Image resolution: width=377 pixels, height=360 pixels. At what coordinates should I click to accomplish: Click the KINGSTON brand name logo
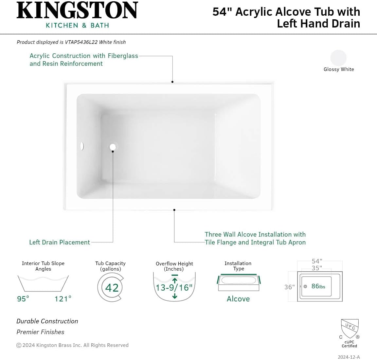coord(77,10)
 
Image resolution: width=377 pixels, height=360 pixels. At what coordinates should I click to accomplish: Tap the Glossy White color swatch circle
coord(338,58)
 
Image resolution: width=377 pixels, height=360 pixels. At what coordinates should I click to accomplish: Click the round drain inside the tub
coord(113,147)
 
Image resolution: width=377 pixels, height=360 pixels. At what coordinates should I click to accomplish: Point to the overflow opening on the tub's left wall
coord(82,146)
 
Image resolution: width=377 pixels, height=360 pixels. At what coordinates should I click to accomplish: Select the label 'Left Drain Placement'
coord(60,242)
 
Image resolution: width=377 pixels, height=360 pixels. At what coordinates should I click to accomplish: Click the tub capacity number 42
coord(112,287)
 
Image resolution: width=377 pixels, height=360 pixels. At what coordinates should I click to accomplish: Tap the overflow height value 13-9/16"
coord(174,287)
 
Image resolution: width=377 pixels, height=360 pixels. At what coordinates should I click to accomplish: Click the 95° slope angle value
coord(23,299)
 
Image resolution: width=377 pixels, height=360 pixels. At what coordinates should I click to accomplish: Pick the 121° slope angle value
coord(63,299)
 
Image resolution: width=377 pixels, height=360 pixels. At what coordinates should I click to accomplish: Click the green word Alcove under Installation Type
coord(238,299)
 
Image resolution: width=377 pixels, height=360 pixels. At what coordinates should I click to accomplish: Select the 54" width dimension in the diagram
coord(317,261)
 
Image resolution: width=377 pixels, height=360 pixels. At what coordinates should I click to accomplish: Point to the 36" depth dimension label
coord(289,287)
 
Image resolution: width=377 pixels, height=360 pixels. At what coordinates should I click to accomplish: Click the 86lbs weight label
coord(318,286)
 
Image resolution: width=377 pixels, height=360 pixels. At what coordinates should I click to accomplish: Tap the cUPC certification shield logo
coord(350,329)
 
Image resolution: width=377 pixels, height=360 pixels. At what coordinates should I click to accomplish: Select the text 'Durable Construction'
coord(47,321)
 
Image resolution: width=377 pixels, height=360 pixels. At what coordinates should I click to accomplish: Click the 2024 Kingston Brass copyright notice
coord(72,345)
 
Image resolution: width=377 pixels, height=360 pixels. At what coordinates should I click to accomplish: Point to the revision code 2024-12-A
coord(349,357)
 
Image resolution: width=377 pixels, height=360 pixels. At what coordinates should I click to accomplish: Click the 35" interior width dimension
coord(317,268)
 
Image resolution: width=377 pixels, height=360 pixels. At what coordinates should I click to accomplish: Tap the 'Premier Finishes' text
coord(41,332)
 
